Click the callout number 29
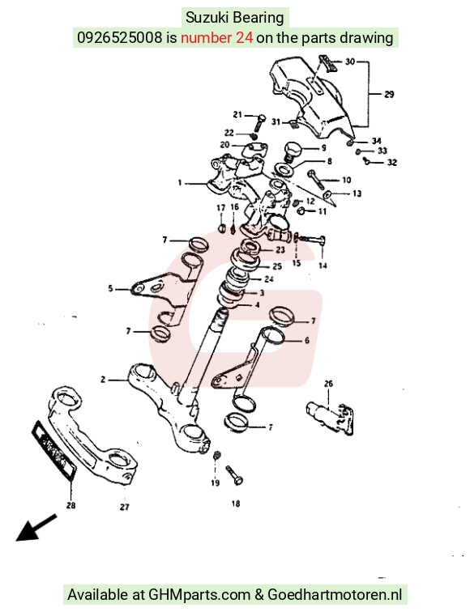389,94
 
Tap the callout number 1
180,182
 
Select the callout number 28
70,505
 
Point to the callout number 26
328,384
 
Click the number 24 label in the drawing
269,279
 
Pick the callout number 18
236,504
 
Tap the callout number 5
110,289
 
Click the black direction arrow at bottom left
36,528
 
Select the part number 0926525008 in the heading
120,38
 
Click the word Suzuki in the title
207,18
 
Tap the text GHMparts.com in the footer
199,595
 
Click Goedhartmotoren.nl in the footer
335,594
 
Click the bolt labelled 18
235,475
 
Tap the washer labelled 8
284,169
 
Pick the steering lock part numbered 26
329,417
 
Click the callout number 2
103,380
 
